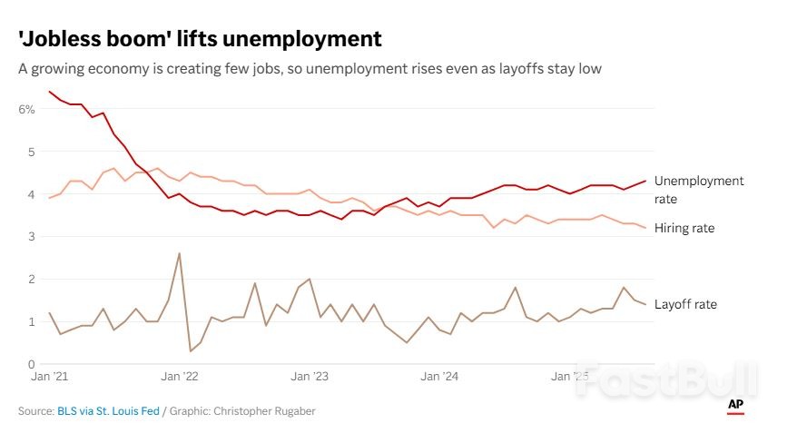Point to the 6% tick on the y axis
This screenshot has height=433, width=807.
coord(26,109)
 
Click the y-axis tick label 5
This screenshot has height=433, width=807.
coord(30,152)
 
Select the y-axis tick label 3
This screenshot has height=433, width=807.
coord(30,236)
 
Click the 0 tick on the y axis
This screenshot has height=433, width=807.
coord(30,364)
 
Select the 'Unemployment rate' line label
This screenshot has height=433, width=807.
coord(698,189)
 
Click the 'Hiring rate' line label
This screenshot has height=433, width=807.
coord(684,229)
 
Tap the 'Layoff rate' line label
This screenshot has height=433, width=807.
coord(685,304)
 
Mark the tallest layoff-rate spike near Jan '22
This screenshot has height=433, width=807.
coord(179,253)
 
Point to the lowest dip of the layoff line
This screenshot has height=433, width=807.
coord(191,351)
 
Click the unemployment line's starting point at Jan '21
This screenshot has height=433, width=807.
coord(49,92)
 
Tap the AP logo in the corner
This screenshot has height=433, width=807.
coord(735,406)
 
